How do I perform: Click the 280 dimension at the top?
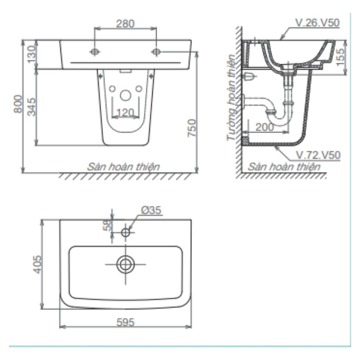pos(125,24)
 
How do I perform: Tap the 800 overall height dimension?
pos(18,104)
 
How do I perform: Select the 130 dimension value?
pos(32,54)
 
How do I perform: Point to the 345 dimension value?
pos(32,107)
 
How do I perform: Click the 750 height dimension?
pos(192,128)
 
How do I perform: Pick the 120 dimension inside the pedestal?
pos(125,113)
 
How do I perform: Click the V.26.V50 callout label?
pos(317,23)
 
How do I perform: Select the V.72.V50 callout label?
pos(318,155)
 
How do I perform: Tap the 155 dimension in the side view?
pos(341,57)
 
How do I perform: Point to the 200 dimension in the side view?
pos(265,127)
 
